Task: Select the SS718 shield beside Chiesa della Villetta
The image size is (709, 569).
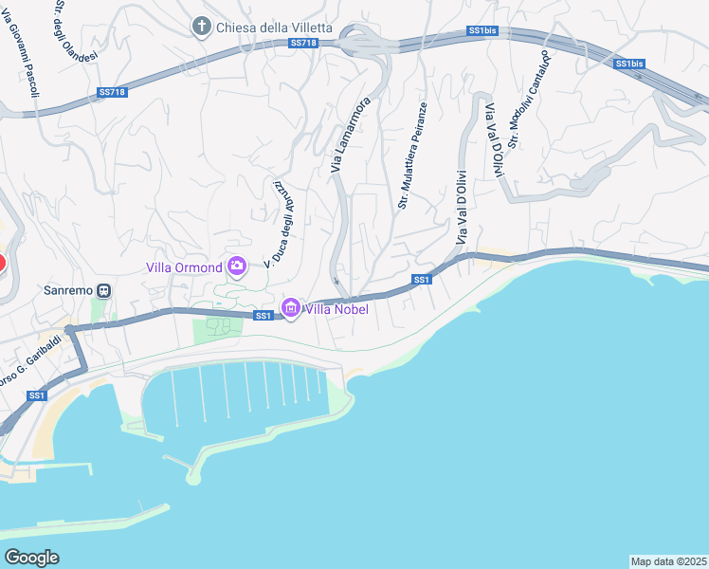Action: (x=302, y=43)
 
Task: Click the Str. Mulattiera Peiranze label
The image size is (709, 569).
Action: (x=412, y=156)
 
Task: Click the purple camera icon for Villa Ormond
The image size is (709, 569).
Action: (x=236, y=266)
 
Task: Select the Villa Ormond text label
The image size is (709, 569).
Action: (x=184, y=266)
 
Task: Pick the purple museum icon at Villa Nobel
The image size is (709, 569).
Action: (x=290, y=308)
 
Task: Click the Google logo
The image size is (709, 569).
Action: (x=32, y=558)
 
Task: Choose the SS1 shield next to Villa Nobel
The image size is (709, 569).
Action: (x=264, y=316)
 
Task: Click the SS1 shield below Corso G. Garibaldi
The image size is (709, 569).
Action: (x=36, y=395)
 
